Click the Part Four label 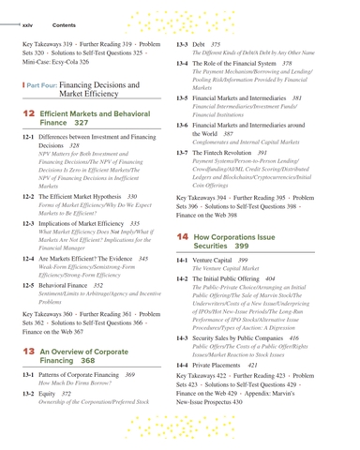47,83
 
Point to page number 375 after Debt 216,43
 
